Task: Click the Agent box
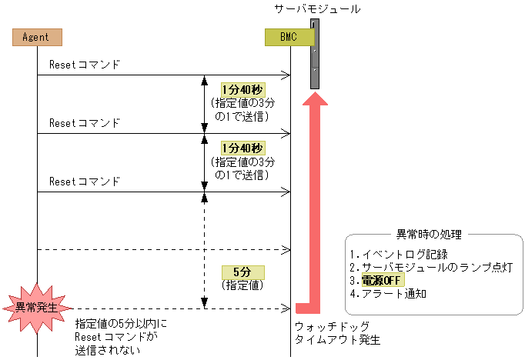[37, 36]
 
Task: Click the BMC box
[289, 36]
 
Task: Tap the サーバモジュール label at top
[318, 9]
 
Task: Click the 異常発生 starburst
[37, 308]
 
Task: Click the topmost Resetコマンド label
[85, 64]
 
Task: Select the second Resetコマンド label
[85, 122]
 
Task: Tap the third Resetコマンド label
[85, 182]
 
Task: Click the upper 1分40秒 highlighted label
[242, 89]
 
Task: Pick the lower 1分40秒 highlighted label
[242, 148]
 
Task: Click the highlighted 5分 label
[242, 272]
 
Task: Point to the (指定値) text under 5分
[242, 285]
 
